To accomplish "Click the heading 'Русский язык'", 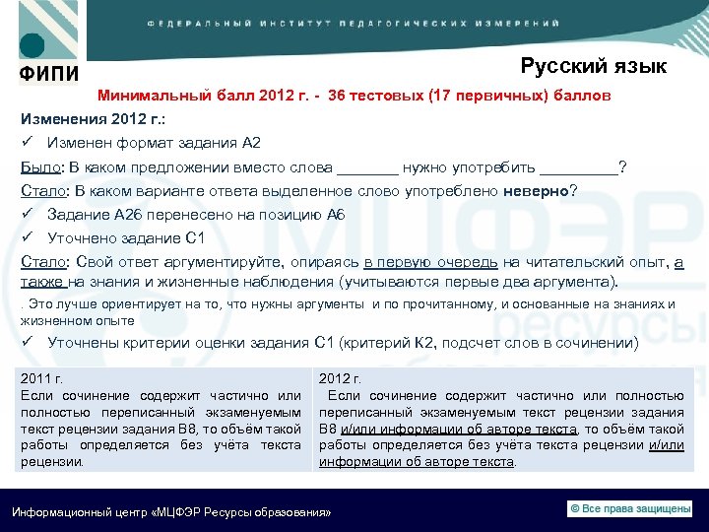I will (x=593, y=66).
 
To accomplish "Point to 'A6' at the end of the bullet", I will (x=336, y=215).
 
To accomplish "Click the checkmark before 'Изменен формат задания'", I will (x=29, y=143).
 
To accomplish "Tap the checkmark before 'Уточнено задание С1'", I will (x=29, y=237).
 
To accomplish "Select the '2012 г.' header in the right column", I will (x=341, y=378).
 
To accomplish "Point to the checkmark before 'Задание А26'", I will (x=29, y=215).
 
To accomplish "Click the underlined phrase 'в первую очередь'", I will (x=429, y=262).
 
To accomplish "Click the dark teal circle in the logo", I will (x=32, y=45).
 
